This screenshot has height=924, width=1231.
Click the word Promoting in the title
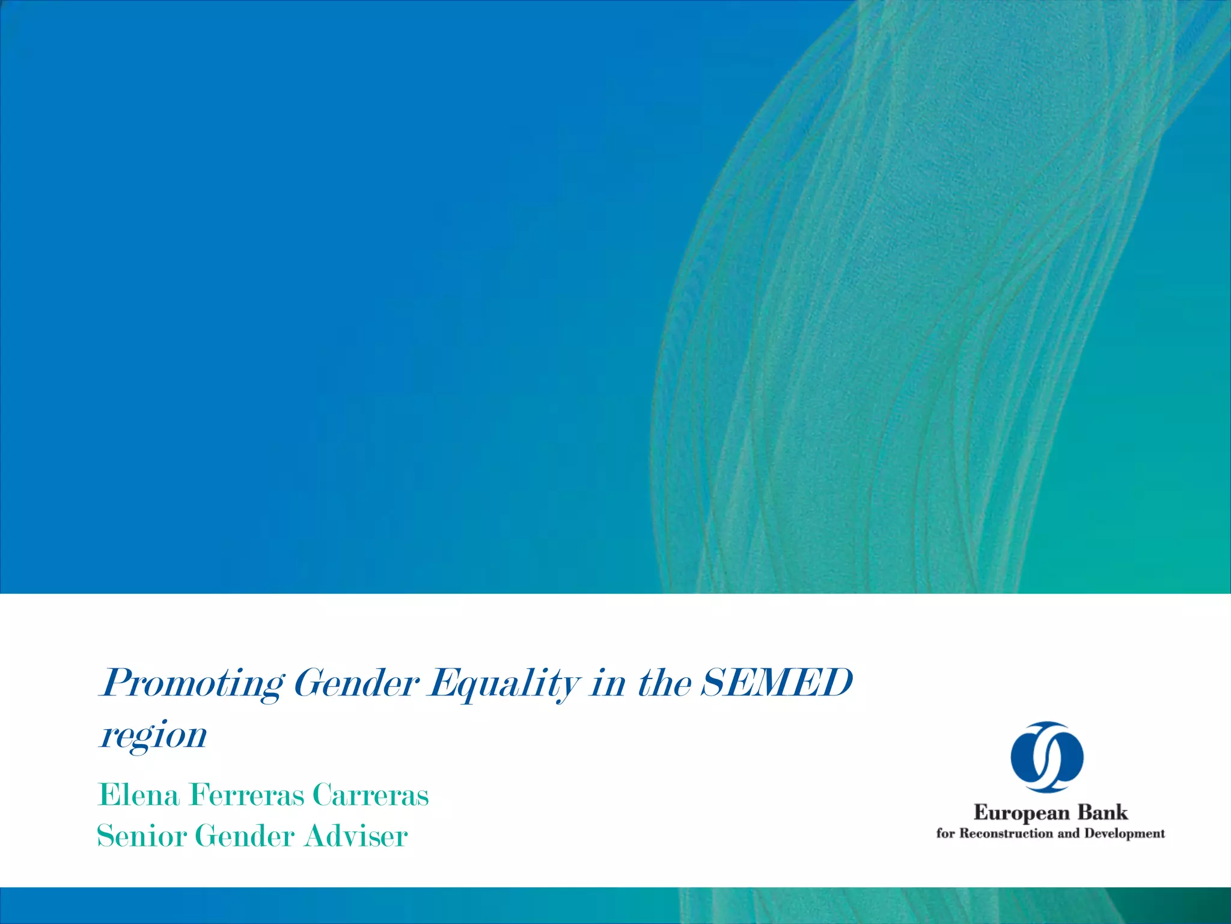191,683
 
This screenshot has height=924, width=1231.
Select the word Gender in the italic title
356,683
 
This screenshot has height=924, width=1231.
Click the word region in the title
153,735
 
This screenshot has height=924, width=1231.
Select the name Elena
138,795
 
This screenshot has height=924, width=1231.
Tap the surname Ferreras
246,795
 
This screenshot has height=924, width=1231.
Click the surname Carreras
370,795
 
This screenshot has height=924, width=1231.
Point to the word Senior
142,836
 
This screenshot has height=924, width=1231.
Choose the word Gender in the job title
245,836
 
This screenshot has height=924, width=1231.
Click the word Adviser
356,836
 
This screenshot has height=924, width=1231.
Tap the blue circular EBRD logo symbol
1047,756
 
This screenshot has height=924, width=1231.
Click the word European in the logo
1021,813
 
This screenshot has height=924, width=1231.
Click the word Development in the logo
1124,834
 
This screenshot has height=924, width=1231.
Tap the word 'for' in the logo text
945,833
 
